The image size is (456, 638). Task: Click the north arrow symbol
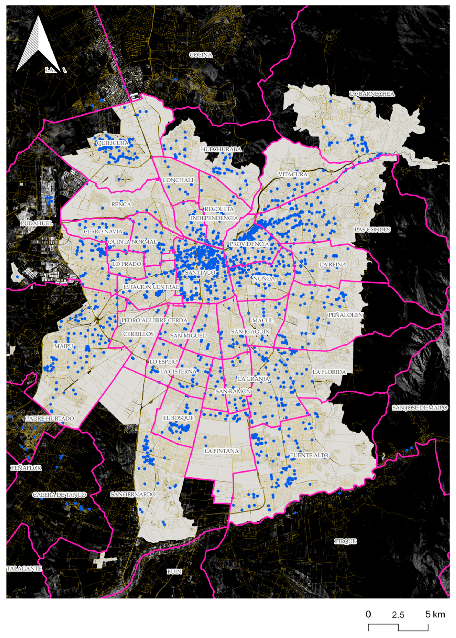pyautogui.click(x=38, y=45)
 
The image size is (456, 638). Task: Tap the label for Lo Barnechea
pyautogui.click(x=372, y=94)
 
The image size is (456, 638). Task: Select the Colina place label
pyautogui.click(x=201, y=55)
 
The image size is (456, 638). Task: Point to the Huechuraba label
pyautogui.click(x=221, y=150)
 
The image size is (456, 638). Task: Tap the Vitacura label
pyautogui.click(x=293, y=174)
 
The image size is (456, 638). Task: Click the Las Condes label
pyautogui.click(x=372, y=230)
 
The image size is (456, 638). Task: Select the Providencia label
pyautogui.click(x=249, y=244)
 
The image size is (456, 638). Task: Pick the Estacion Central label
pyautogui.click(x=151, y=287)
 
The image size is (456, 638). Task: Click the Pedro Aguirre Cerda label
pyautogui.click(x=154, y=320)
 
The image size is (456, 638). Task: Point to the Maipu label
pyautogui.click(x=64, y=346)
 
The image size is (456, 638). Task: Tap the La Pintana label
pyautogui.click(x=221, y=451)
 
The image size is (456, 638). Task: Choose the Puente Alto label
pyautogui.click(x=309, y=455)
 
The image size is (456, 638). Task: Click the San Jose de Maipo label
pyautogui.click(x=420, y=408)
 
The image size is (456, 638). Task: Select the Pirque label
pyautogui.click(x=345, y=542)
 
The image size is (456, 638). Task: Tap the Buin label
pyautogui.click(x=174, y=572)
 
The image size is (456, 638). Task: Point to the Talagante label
pyautogui.click(x=24, y=569)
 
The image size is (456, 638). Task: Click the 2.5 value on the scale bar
pyautogui.click(x=398, y=615)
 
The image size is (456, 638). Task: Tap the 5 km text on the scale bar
pyautogui.click(x=435, y=614)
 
